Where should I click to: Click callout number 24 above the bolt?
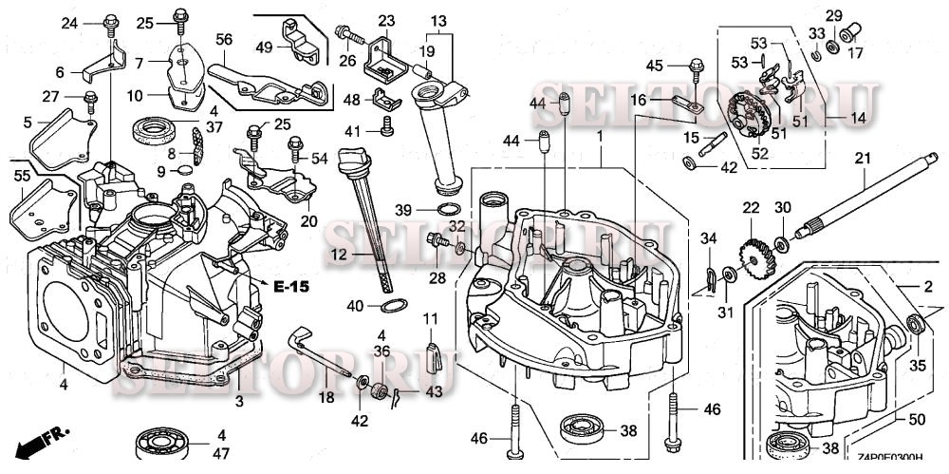(x=69, y=23)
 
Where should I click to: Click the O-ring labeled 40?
(x=394, y=306)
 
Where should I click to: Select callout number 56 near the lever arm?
(x=224, y=39)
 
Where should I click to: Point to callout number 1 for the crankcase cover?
(x=599, y=136)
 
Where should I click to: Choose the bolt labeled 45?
(x=695, y=66)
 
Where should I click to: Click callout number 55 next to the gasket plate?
(x=21, y=176)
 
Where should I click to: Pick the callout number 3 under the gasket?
(x=239, y=402)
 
